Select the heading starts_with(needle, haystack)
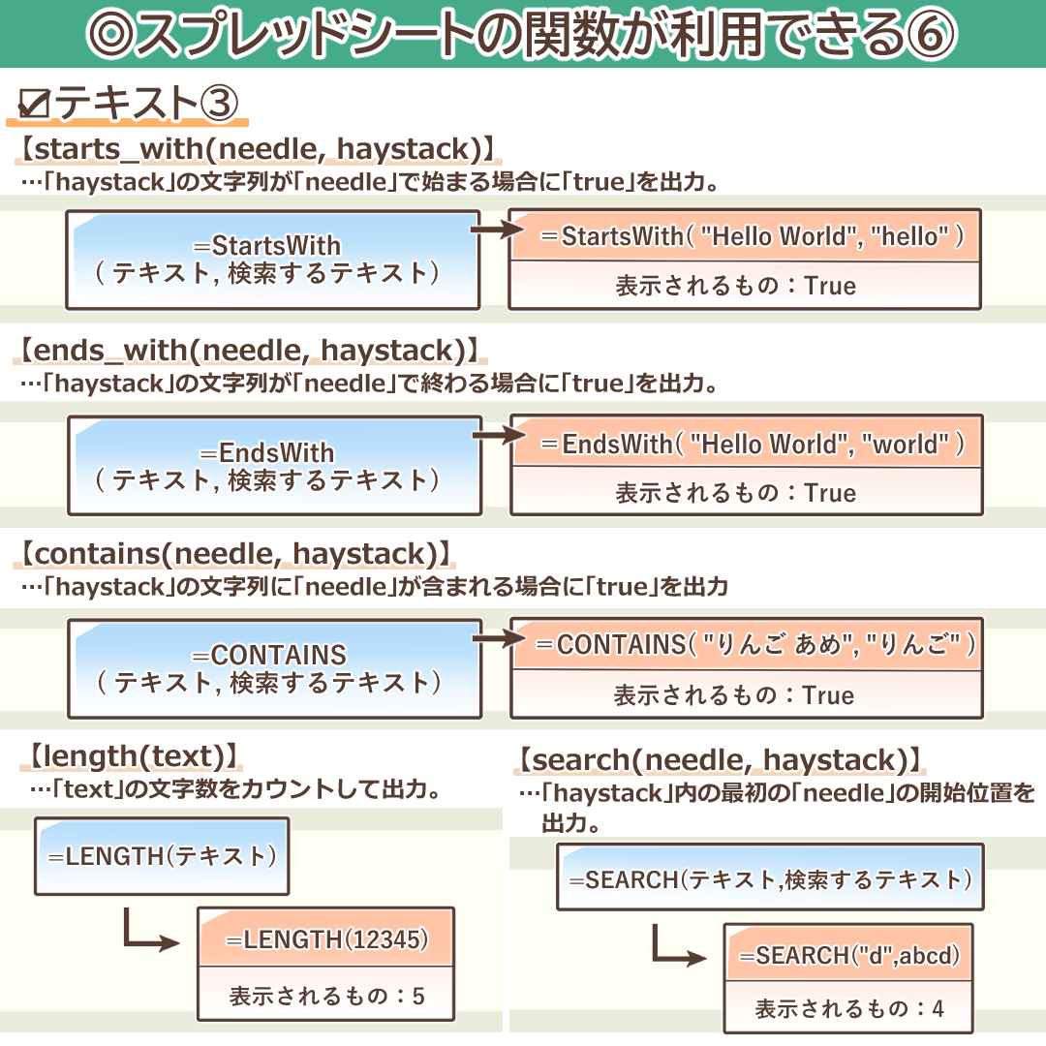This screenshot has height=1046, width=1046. (x=260, y=149)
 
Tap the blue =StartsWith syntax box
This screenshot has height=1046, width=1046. (x=274, y=259)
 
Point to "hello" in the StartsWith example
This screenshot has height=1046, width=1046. (x=910, y=236)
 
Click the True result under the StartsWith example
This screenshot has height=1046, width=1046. (x=830, y=286)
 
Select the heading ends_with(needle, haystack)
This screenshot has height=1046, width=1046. (x=250, y=351)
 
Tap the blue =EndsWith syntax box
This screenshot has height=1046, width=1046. (x=274, y=466)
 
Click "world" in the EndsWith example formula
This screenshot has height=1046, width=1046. (x=908, y=444)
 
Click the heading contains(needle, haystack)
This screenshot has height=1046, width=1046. (x=236, y=554)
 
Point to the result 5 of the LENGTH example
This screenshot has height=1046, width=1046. (x=418, y=997)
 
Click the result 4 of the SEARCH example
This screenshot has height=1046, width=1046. (x=937, y=1009)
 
